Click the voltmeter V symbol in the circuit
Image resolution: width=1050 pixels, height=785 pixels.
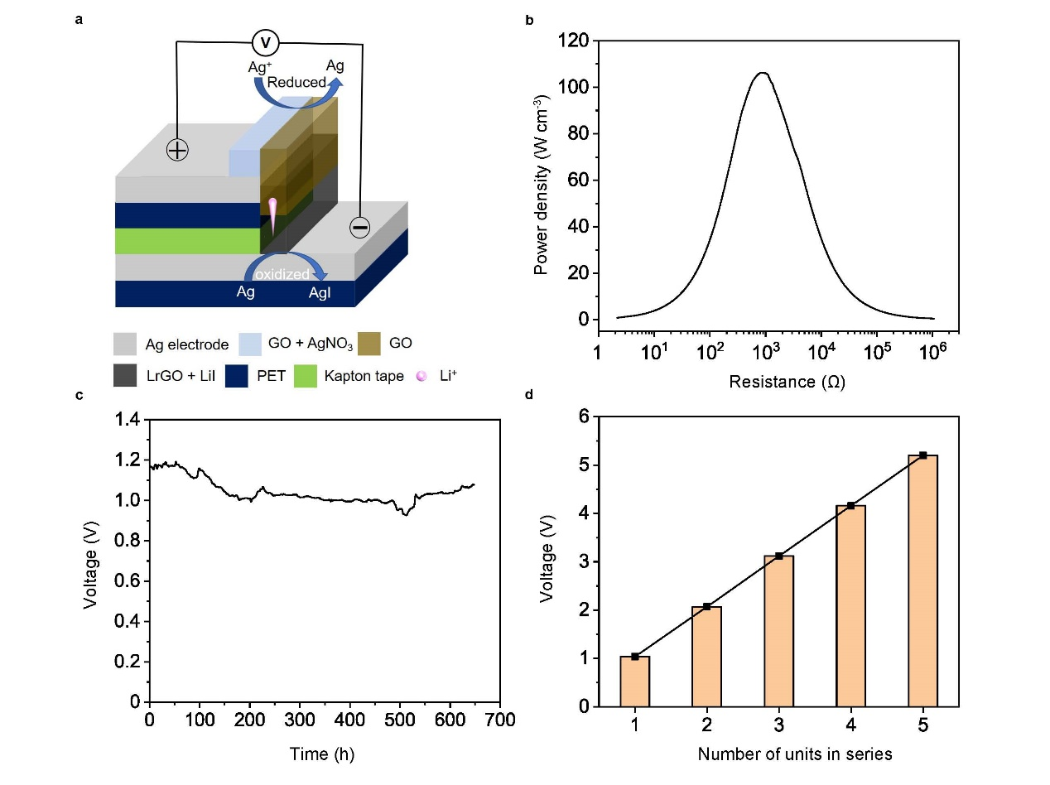(x=265, y=42)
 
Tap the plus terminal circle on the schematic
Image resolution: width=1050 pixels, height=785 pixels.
(x=177, y=149)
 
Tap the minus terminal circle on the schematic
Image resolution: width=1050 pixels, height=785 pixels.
(x=359, y=226)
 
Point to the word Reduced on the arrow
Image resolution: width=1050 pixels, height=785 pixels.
(x=296, y=83)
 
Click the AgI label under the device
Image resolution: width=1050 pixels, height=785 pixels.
(x=319, y=291)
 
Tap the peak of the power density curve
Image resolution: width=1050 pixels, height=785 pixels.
(x=763, y=73)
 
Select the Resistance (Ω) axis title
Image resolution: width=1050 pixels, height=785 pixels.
(x=787, y=382)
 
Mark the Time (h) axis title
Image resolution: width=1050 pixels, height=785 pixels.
(x=322, y=754)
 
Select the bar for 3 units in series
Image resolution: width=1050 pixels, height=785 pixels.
(x=778, y=631)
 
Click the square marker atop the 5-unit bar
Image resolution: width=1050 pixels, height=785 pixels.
(x=922, y=455)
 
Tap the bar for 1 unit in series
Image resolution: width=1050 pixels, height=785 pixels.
(x=634, y=681)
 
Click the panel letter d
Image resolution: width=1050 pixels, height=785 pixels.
(x=529, y=394)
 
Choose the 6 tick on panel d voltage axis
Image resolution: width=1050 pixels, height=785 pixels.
(x=584, y=417)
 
